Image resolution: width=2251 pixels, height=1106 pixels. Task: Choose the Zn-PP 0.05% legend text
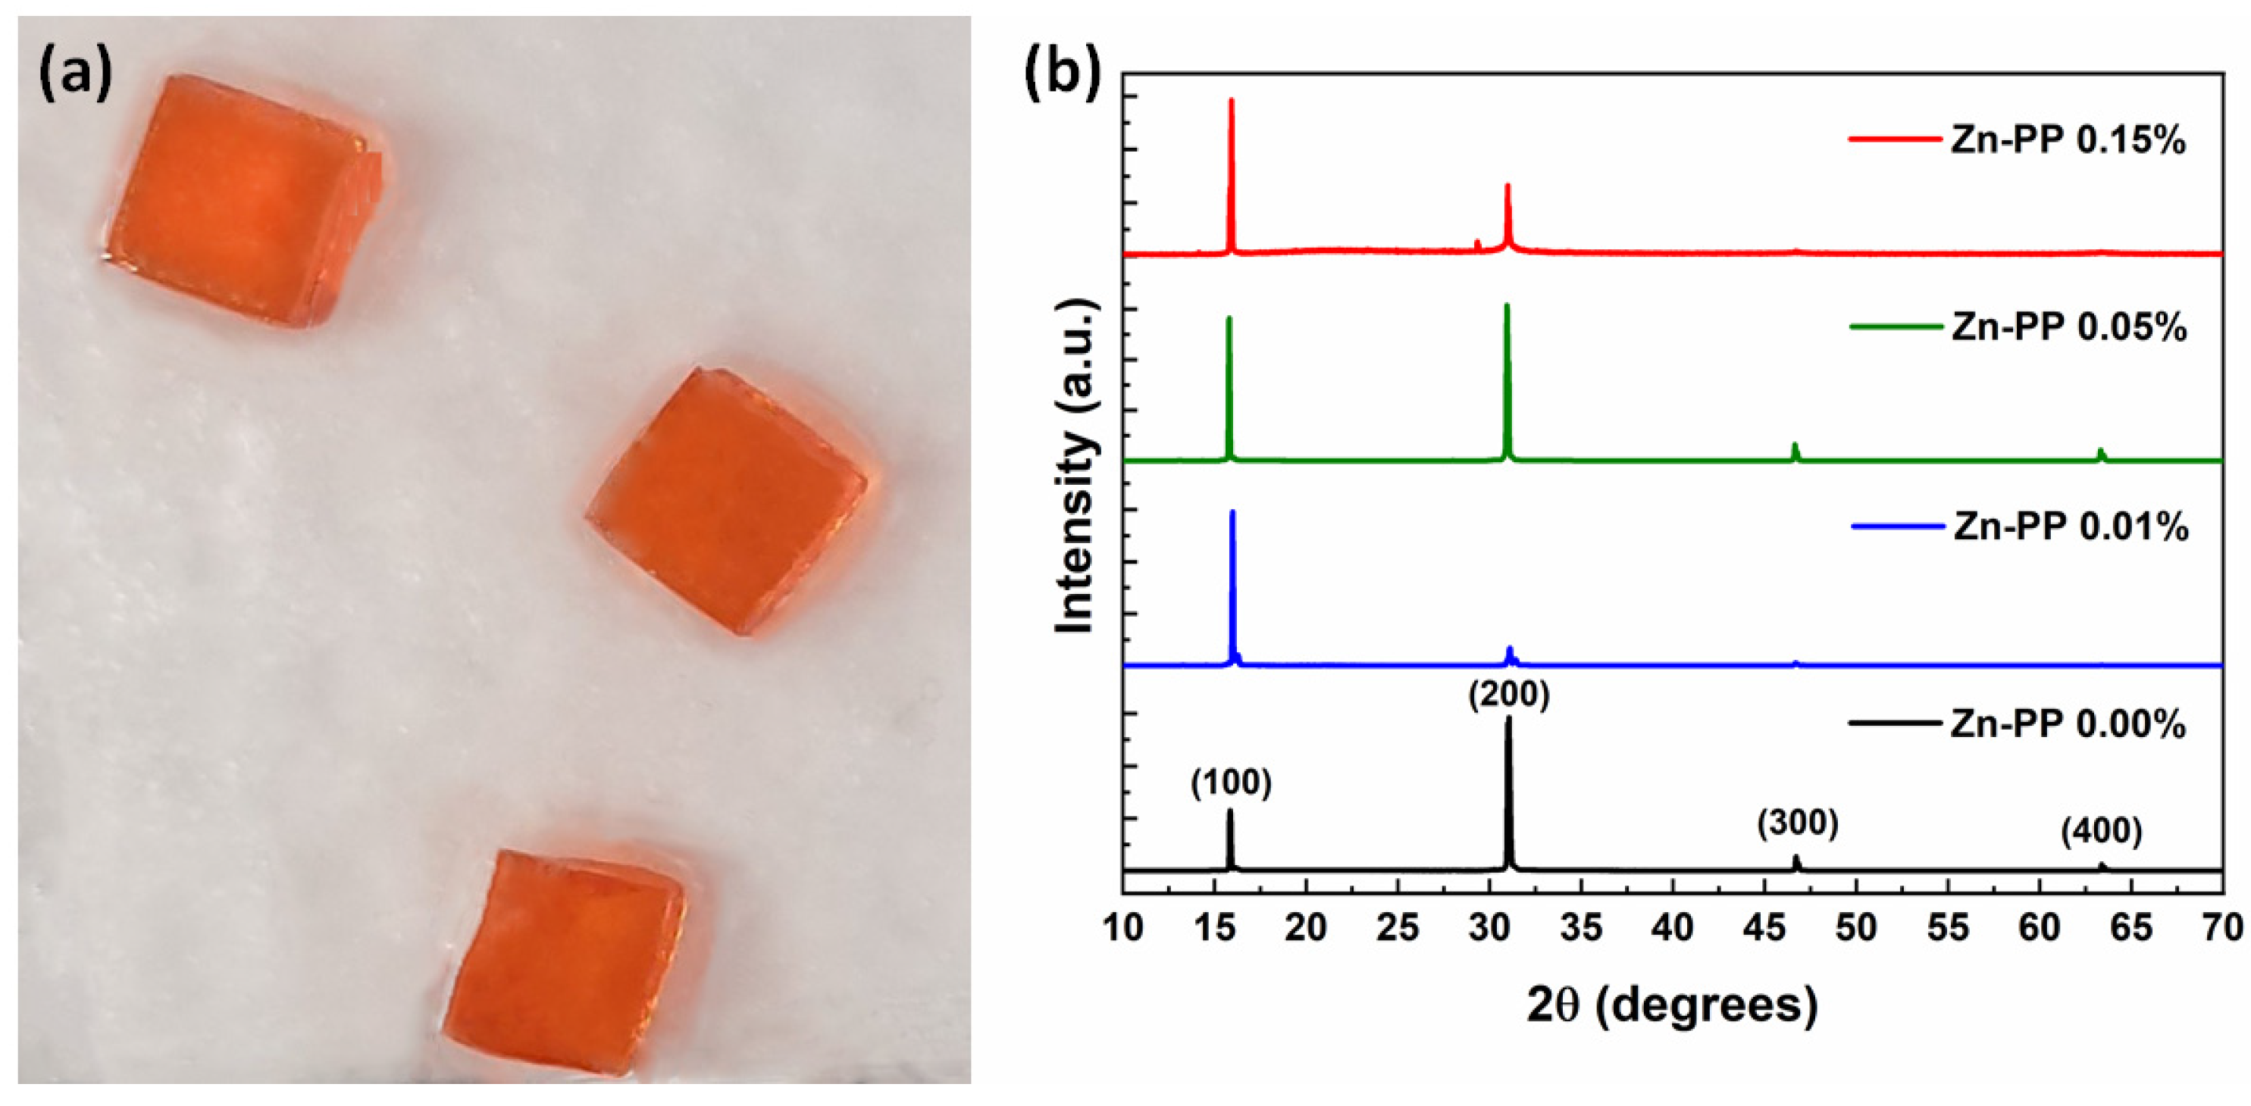coord(2068,326)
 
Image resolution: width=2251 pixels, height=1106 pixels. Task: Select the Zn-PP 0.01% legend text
coord(2070,526)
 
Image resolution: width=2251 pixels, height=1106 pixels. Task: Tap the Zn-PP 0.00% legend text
coord(2068,724)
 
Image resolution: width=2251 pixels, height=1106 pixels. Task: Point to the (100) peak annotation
coord(1230,783)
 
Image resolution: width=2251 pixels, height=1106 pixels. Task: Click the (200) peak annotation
coord(1509,695)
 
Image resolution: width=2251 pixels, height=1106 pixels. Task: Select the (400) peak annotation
coord(2101,832)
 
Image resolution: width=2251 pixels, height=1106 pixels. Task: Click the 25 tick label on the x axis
coord(1398,927)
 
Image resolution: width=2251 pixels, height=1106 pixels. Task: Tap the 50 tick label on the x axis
coord(1856,927)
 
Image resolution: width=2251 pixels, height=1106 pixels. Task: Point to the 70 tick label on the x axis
coord(2222,927)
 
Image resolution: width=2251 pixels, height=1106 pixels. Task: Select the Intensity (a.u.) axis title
coord(1075,467)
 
